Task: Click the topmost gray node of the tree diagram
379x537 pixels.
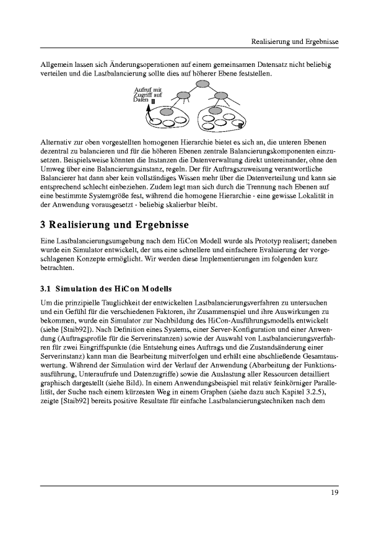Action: [x=201, y=85]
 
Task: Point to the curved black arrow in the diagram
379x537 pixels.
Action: [x=149, y=113]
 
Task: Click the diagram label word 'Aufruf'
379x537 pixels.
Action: [x=142, y=90]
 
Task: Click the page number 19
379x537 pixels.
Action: [x=334, y=492]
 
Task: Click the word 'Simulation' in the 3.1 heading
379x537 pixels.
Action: [x=78, y=288]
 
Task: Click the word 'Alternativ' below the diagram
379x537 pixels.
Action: [x=56, y=142]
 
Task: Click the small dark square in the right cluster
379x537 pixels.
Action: [x=240, y=126]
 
